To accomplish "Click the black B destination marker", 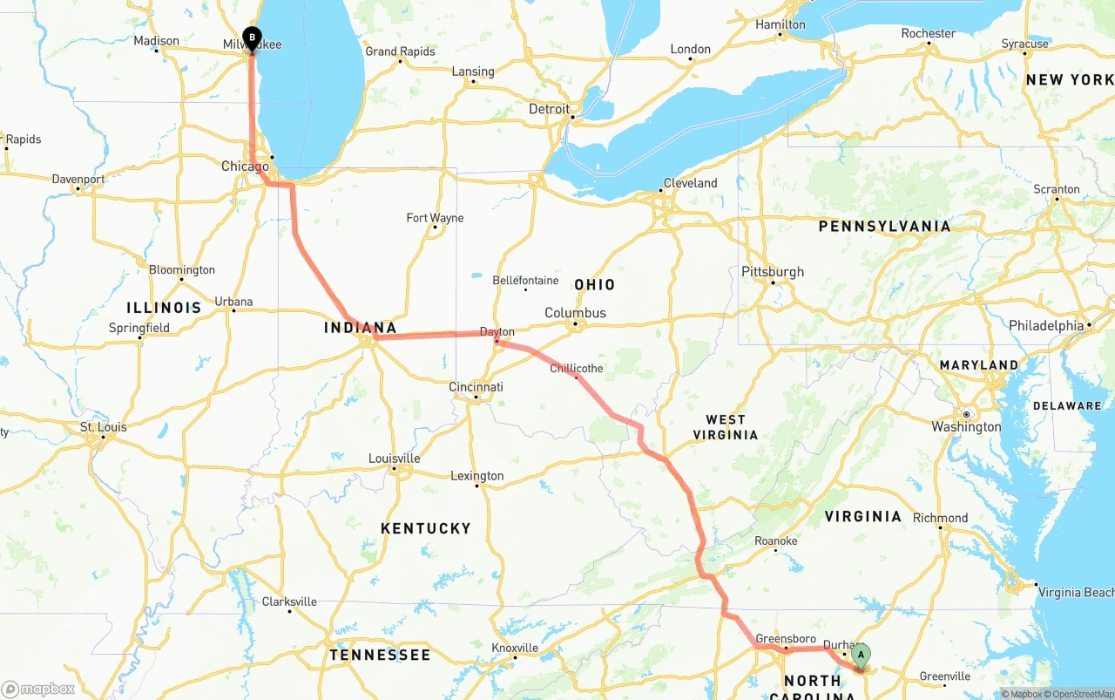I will (x=252, y=37).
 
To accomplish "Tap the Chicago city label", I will (x=245, y=167).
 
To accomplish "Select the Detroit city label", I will (x=549, y=109).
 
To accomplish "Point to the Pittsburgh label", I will (x=772, y=272).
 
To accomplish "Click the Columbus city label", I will (x=575, y=313).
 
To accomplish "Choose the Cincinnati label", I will (x=476, y=387).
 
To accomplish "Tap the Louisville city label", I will (x=394, y=459).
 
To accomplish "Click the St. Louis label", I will (x=104, y=427).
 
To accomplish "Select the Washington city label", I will (x=966, y=427).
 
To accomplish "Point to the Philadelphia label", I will (x=1045, y=325).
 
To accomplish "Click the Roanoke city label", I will (x=775, y=541).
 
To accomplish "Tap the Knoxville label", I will (x=514, y=648).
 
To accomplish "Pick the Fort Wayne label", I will (x=435, y=218).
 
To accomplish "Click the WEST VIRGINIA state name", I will (x=726, y=427).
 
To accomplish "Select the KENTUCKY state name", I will (x=425, y=528).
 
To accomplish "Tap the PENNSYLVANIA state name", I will (x=884, y=227).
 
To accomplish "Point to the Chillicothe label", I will (x=576, y=369).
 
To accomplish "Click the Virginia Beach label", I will (x=1076, y=593).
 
